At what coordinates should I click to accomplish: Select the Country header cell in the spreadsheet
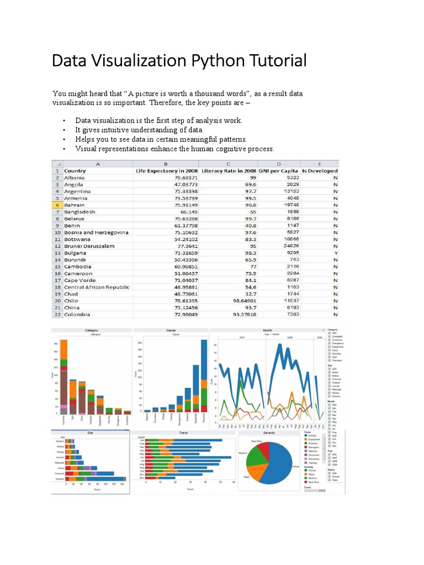[x=75, y=170]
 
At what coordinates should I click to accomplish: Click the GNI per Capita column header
[x=279, y=170]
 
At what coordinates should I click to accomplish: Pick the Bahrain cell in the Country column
[x=75, y=205]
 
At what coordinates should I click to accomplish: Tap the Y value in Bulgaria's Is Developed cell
[x=335, y=253]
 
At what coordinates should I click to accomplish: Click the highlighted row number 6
[x=57, y=205]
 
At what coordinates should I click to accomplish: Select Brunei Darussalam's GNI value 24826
[x=288, y=246]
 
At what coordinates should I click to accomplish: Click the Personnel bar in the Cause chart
[x=204, y=376]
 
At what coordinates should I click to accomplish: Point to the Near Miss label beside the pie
[x=256, y=441]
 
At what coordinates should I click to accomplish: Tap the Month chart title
[x=267, y=331]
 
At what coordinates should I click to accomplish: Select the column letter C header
[x=228, y=164]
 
